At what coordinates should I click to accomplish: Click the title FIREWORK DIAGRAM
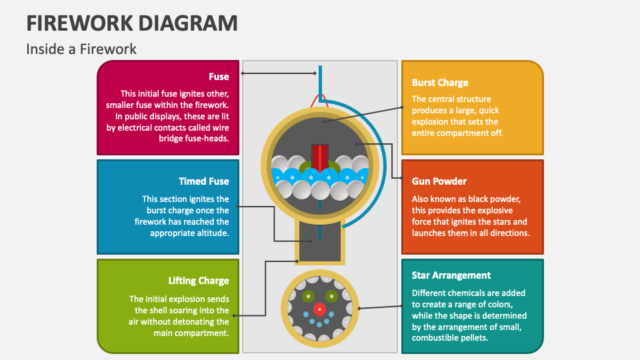point(132,23)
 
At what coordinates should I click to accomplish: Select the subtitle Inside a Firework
point(81,49)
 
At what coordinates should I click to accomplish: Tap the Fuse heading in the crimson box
point(219,77)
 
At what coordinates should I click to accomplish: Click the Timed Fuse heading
point(204,181)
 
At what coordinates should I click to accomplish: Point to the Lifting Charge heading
point(199,281)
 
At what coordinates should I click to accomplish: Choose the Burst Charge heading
point(440,83)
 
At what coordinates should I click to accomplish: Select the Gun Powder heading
point(439,181)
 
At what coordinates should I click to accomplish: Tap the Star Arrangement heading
point(451,275)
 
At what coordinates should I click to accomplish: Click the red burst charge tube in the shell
point(320,157)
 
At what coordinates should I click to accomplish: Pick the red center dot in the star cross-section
point(319,309)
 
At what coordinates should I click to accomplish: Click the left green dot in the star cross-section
point(308,296)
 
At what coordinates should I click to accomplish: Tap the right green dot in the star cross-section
point(331,296)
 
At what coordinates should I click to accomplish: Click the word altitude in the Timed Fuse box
point(211,233)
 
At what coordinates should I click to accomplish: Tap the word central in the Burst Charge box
point(441,99)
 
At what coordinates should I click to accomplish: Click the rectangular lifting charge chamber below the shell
point(320,241)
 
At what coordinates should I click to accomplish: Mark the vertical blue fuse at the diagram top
point(321,81)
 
